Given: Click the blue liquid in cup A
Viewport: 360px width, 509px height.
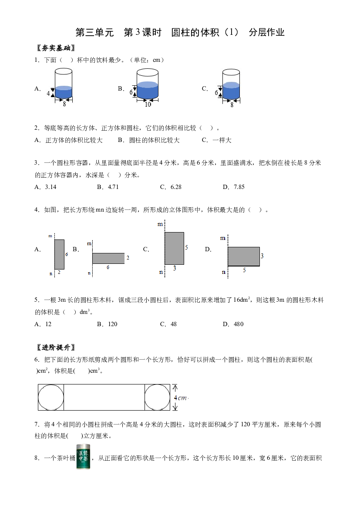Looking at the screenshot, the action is pyautogui.click(x=63, y=92).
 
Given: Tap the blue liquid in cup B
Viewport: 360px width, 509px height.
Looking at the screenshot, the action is pyautogui.click(x=148, y=90).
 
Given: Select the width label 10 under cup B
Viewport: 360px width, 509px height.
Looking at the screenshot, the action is pyautogui.click(x=148, y=104).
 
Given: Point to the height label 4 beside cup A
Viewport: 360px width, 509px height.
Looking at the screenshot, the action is pyautogui.click(x=48, y=94).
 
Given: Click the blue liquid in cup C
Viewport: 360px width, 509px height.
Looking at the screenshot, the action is pyautogui.click(x=231, y=91).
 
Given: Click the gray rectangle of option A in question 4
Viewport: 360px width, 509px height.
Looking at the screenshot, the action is pyautogui.click(x=59, y=254).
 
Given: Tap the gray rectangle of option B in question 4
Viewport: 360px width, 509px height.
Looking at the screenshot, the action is pyautogui.click(x=108, y=258).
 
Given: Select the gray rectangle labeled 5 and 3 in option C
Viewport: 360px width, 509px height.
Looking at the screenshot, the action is pyautogui.click(x=174, y=248).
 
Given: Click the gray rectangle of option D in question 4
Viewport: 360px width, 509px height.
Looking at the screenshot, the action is pyautogui.click(x=244, y=256).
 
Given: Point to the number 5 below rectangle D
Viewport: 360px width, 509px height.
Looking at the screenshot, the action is pyautogui.click(x=245, y=270).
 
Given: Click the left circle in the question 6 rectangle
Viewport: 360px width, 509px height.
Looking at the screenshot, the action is pyautogui.click(x=51, y=398).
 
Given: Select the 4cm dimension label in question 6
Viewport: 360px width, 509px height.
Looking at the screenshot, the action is pyautogui.click(x=181, y=398).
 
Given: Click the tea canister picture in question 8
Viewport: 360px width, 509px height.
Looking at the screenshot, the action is pyautogui.click(x=83, y=457).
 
